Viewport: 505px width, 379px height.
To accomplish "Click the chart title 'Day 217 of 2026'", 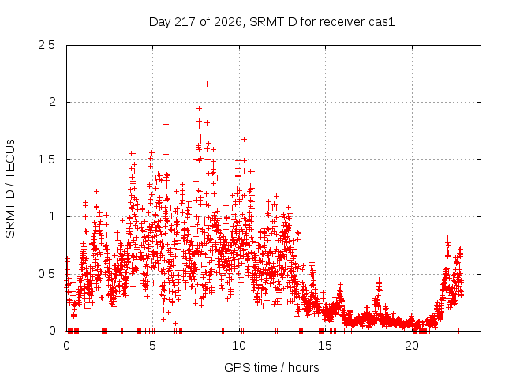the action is click(196, 22).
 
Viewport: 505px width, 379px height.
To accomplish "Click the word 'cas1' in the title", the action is click(383, 22).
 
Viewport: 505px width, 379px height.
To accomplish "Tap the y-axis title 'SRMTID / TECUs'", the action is click(10, 189).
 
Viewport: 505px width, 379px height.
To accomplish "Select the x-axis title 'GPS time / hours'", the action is click(271, 367).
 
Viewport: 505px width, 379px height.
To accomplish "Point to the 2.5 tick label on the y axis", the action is click(47, 45).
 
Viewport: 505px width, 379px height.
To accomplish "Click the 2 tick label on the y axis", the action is click(52, 102).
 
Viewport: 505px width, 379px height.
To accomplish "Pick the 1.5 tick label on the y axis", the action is click(47, 159).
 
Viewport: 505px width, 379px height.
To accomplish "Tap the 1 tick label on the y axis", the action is click(53, 216).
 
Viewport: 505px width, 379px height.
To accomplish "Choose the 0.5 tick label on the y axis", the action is click(47, 274).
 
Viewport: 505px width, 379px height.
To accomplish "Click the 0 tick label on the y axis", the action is click(52, 331).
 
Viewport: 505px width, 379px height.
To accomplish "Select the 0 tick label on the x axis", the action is click(66, 346).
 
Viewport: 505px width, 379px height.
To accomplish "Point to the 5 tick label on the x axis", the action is click(152, 346).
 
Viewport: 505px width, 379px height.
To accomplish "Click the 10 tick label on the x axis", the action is click(239, 346).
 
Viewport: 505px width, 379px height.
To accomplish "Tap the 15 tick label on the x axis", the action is click(325, 346).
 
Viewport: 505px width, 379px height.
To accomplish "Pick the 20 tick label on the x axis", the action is click(412, 346).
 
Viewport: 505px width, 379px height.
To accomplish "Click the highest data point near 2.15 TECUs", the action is click(207, 84).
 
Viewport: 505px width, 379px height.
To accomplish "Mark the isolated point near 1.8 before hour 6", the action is click(166, 124).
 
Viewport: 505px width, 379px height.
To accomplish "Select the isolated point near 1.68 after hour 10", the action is click(244, 139).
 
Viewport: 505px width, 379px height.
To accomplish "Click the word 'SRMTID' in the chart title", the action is click(273, 22).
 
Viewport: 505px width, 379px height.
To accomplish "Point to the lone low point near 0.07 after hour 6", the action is click(175, 323).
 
